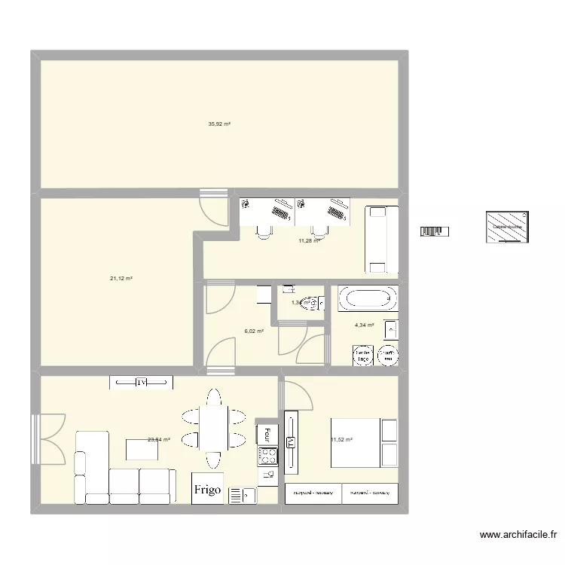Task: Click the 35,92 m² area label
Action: click(x=219, y=124)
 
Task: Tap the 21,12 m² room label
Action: click(x=121, y=279)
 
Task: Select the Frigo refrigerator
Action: click(x=207, y=489)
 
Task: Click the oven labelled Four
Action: click(x=267, y=434)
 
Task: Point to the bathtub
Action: click(x=368, y=299)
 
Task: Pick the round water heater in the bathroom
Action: click(x=388, y=355)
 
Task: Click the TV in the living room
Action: click(x=141, y=383)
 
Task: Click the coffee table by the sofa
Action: click(x=142, y=448)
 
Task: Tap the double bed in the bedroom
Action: click(x=365, y=442)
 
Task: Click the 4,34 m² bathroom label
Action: click(x=365, y=325)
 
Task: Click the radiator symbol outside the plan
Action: click(x=435, y=231)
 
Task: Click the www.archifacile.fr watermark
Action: click(x=519, y=536)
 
